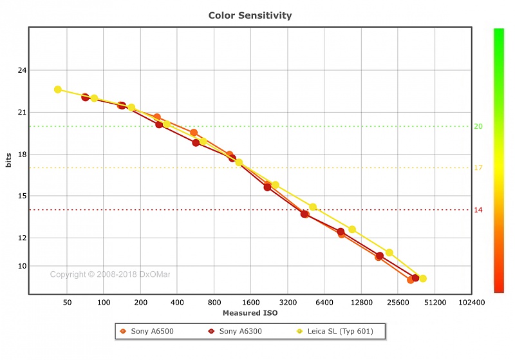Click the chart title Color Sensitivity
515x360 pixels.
click(250, 15)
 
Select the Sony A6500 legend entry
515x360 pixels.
click(151, 332)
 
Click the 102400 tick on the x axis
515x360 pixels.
click(472, 302)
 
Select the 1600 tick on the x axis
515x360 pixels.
click(251, 302)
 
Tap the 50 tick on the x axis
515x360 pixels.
click(67, 302)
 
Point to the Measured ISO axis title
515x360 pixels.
click(250, 313)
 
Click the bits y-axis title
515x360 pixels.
click(8, 161)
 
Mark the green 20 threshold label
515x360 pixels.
click(478, 126)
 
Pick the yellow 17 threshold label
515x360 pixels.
click(478, 168)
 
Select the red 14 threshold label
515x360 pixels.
click(478, 210)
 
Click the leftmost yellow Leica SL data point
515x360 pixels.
click(58, 90)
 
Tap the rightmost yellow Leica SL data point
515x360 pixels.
click(422, 279)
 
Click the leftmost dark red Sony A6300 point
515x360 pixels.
click(85, 97)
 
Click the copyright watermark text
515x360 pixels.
click(110, 274)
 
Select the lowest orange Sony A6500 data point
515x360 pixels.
click(411, 279)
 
